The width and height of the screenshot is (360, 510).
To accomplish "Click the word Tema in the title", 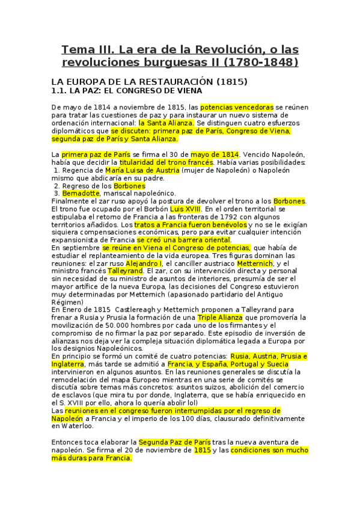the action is point(78,49).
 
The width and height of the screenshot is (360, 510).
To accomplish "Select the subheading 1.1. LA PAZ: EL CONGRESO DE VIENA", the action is point(127,91).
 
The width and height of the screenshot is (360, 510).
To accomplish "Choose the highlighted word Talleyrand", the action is point(124,271).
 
